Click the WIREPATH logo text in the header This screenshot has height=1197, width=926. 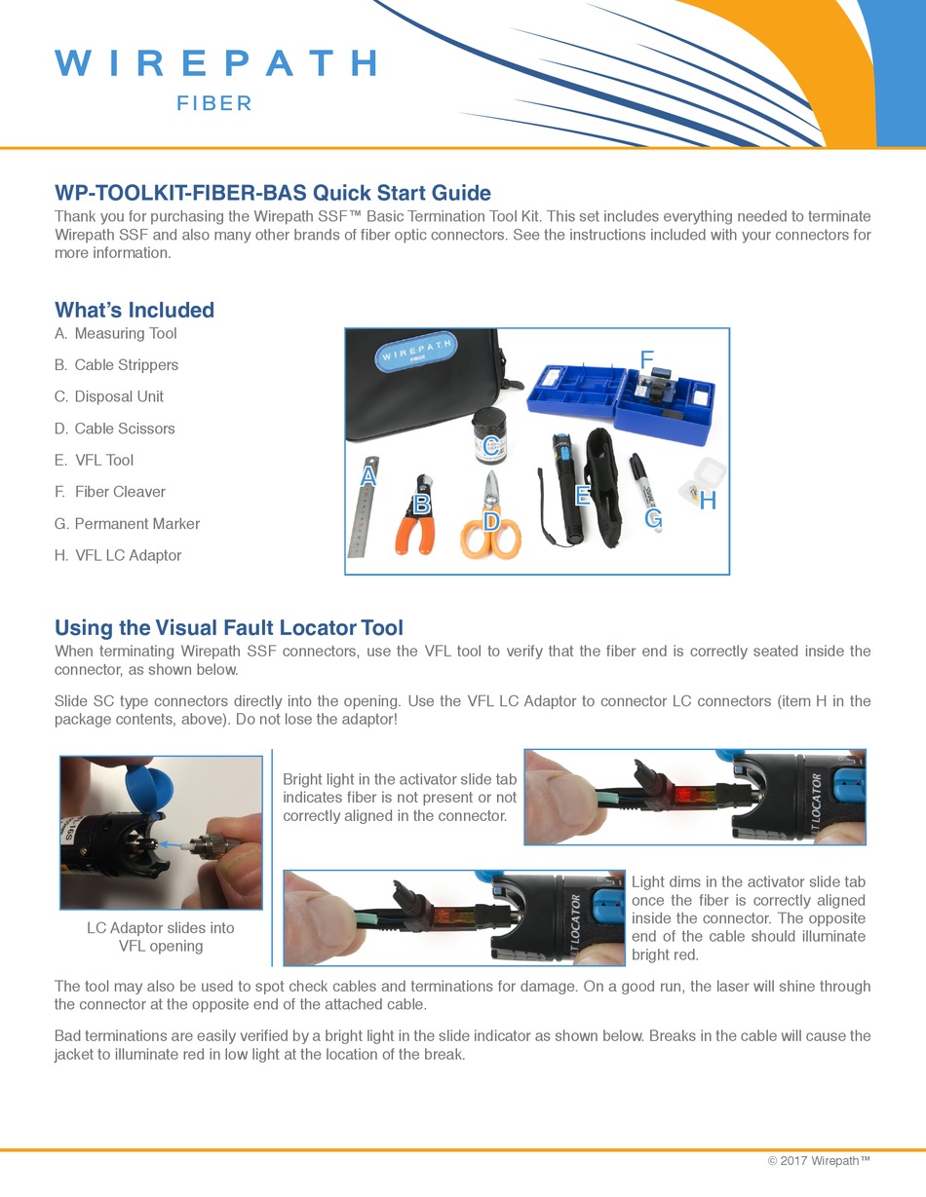point(215,63)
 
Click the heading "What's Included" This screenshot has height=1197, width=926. point(135,310)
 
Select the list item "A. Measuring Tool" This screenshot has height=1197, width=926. point(116,333)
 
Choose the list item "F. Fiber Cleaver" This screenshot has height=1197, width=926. point(110,492)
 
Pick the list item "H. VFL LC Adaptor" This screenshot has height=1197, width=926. point(118,555)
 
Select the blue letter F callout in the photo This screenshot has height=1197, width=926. point(646,360)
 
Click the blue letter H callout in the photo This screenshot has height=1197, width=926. point(708,501)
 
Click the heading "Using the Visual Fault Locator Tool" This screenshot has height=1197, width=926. point(229,627)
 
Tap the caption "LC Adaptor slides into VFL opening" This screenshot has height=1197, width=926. point(161,937)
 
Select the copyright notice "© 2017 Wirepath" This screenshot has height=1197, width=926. point(819,1160)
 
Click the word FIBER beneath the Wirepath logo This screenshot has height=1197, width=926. point(214,104)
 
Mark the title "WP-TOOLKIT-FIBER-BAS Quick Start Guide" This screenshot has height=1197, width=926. point(273,193)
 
